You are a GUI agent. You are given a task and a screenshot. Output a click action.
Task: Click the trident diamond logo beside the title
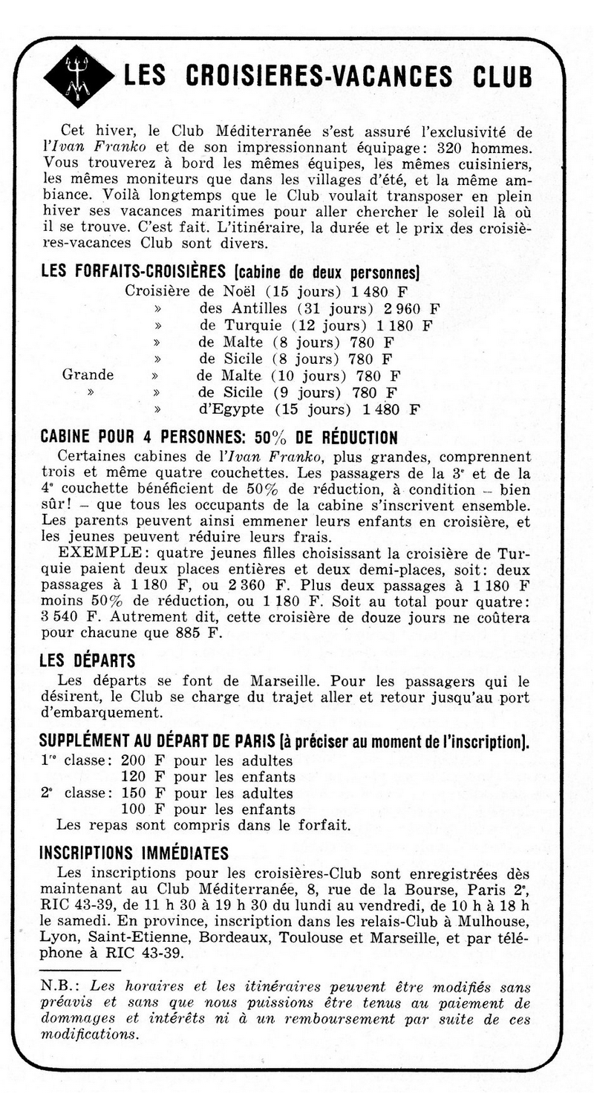click(x=78, y=77)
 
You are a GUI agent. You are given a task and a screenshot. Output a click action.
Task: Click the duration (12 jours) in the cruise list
click(x=331, y=325)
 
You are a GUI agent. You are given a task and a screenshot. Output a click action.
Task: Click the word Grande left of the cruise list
click(x=88, y=375)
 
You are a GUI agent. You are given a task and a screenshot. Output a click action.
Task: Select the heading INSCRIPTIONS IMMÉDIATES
click(x=134, y=852)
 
